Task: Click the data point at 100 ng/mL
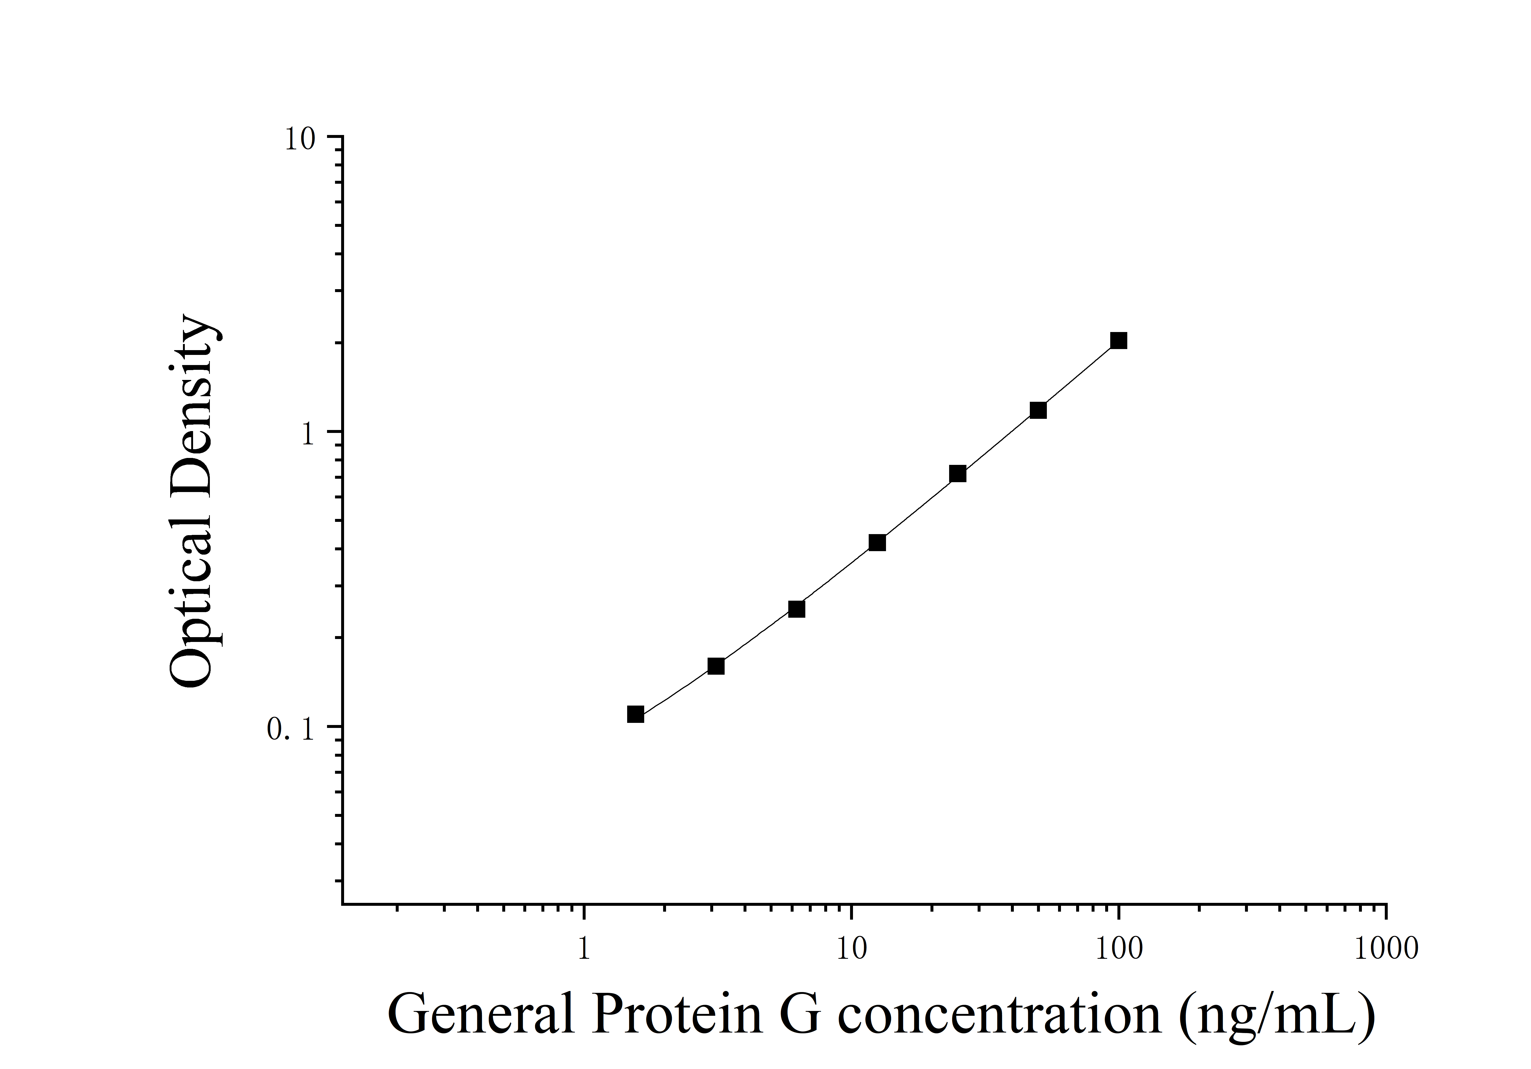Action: (x=1118, y=341)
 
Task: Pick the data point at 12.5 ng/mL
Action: (x=877, y=543)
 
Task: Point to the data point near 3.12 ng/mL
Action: (x=716, y=666)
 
